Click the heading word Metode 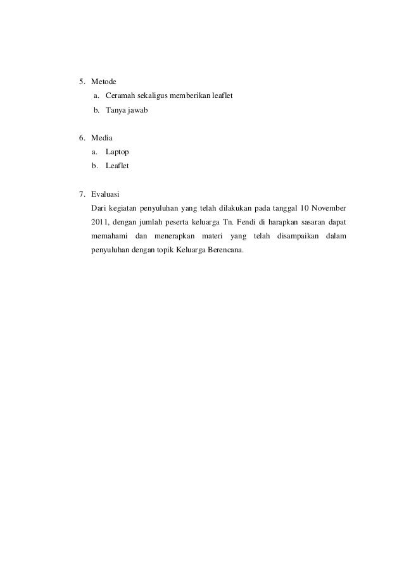(x=104, y=82)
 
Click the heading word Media (x=102, y=137)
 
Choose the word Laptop (x=117, y=152)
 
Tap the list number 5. (x=81, y=82)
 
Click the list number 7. (x=81, y=193)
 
